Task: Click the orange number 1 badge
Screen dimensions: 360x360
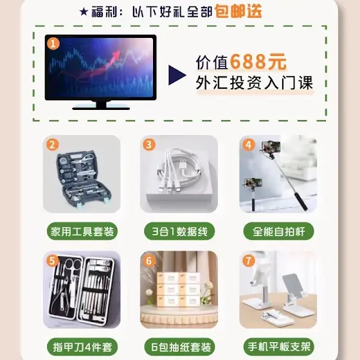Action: click(x=53, y=44)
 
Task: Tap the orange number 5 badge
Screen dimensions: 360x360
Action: click(x=52, y=260)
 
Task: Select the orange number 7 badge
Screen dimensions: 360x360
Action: click(x=249, y=260)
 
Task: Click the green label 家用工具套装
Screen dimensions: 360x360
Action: click(x=82, y=231)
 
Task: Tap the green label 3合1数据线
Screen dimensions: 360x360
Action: click(x=179, y=231)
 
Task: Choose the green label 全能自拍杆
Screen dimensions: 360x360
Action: click(x=278, y=231)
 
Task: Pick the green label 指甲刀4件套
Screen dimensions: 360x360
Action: click(x=82, y=346)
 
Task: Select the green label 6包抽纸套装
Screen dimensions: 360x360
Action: click(x=179, y=346)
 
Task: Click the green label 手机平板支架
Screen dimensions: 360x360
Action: click(x=278, y=346)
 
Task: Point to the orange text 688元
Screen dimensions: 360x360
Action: click(x=258, y=62)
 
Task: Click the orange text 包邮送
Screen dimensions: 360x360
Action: click(x=239, y=11)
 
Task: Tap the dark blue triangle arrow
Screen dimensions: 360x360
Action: click(x=177, y=75)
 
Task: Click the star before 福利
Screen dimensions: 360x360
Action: click(x=84, y=12)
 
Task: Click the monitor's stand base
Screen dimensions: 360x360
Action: click(x=101, y=107)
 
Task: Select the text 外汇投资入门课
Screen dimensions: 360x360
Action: click(x=255, y=83)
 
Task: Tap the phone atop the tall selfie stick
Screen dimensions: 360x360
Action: click(x=271, y=147)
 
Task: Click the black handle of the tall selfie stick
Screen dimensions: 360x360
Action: click(x=301, y=201)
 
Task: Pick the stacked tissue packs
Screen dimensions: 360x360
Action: click(x=179, y=289)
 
